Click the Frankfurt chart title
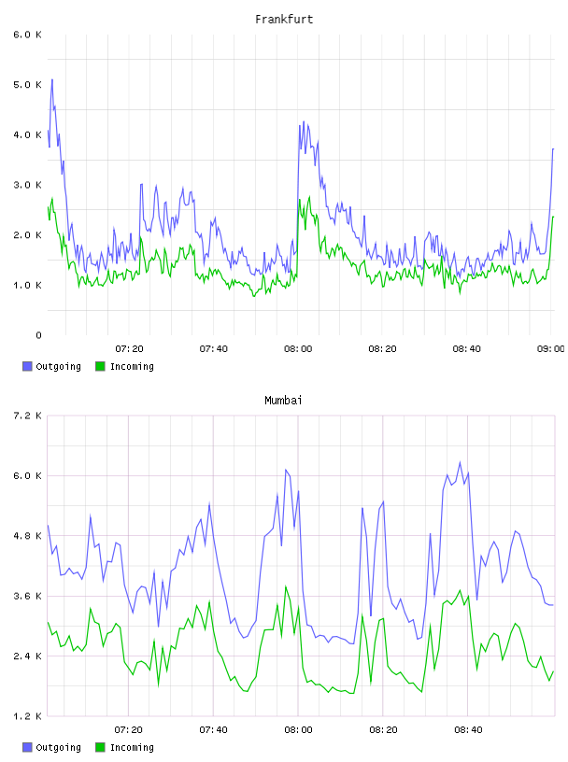coord(284,20)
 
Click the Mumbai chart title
coord(283,401)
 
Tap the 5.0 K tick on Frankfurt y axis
coord(28,85)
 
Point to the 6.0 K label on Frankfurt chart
coord(28,35)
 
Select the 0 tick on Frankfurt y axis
coord(38,335)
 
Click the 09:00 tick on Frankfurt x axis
coord(551,349)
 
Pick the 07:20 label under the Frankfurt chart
coord(129,349)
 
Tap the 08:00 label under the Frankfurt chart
coord(298,349)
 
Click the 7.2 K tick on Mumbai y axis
coord(28,416)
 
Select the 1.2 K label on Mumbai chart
coord(28,716)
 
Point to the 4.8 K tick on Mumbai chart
coord(28,535)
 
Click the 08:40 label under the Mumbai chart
coord(468,730)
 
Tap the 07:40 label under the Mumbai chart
coord(214,730)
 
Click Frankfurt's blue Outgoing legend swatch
coord(27,366)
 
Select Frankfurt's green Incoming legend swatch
coord(100,366)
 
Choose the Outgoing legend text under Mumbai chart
coord(58,747)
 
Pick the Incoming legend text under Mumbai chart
coord(132,747)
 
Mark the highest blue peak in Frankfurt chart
coord(52,79)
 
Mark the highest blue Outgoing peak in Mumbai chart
coord(460,462)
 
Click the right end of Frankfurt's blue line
coord(553,149)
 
